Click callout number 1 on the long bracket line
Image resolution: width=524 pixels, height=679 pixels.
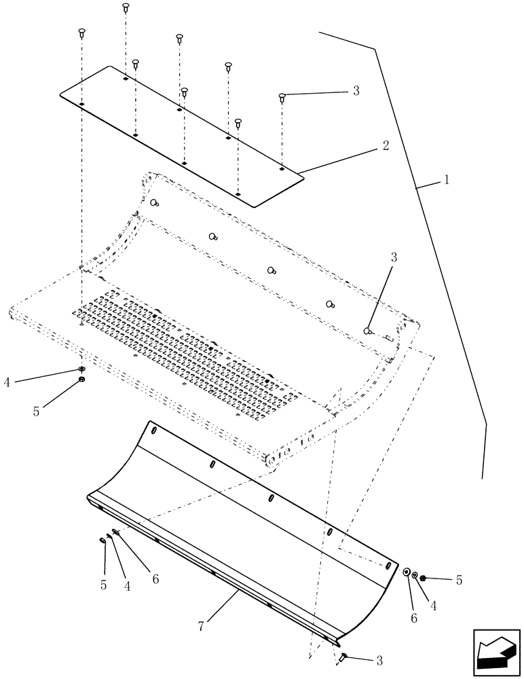[447, 181]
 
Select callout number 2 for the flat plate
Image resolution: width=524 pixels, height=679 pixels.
[385, 145]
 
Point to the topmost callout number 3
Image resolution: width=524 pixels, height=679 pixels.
[356, 90]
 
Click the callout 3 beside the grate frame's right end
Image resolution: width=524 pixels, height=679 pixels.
[394, 257]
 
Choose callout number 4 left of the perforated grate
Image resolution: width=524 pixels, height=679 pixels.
[7, 382]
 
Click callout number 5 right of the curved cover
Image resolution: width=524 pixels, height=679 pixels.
[460, 581]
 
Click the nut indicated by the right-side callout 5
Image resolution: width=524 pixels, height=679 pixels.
[423, 578]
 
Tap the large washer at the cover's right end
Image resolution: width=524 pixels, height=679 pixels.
[406, 572]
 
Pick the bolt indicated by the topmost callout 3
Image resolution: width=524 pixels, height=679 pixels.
[281, 98]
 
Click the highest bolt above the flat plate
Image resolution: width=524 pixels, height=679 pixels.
[126, 7]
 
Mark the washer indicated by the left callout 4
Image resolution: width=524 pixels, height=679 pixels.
[81, 369]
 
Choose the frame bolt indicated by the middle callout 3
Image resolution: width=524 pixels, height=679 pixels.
[367, 331]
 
